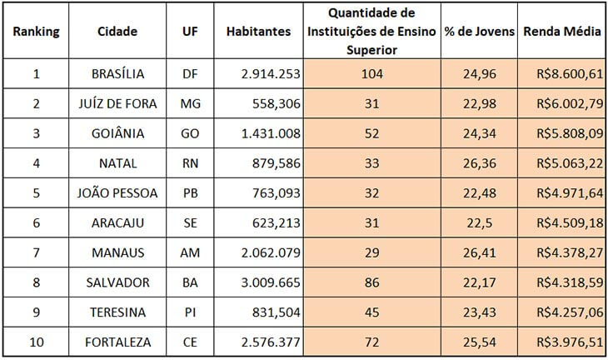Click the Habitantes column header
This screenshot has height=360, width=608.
point(258,32)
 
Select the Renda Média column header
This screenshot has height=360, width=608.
point(561,32)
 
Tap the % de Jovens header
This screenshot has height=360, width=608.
point(478,32)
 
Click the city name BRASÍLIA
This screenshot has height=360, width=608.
point(117,74)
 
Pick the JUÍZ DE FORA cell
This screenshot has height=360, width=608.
point(117,104)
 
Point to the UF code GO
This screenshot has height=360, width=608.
point(190,133)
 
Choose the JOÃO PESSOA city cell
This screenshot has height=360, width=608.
point(117,192)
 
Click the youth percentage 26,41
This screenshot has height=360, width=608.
point(478,252)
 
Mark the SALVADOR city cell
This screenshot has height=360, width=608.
point(117,282)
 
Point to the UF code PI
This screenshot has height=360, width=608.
point(190,311)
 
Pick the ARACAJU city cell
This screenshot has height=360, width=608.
point(117,222)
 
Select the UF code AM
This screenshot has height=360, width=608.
point(190,252)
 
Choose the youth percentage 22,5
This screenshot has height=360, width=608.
point(478,222)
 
